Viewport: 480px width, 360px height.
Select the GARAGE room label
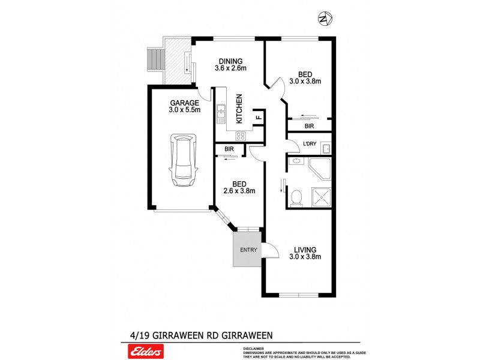click(184, 103)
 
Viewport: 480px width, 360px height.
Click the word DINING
click(230, 61)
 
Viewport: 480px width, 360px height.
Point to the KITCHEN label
click(239, 109)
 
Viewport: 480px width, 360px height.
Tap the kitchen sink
click(221, 110)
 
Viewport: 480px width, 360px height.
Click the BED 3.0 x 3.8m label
click(305, 74)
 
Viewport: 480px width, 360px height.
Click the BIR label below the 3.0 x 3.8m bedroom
click(309, 127)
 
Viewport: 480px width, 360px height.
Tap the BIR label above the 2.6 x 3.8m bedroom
click(229, 148)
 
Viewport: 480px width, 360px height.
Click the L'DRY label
click(310, 144)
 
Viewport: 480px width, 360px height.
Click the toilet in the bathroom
click(296, 197)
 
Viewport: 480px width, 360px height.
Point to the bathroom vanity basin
click(296, 161)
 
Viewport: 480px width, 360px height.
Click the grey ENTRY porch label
click(247, 250)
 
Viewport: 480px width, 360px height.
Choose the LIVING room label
click(305, 250)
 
